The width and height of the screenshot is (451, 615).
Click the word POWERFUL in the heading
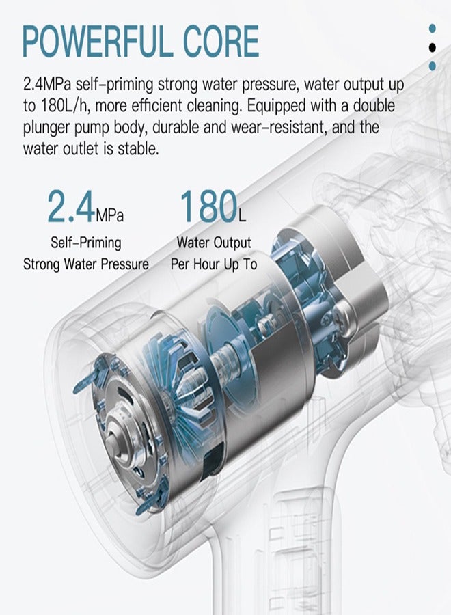point(97,41)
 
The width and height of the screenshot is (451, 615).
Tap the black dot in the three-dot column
point(432,47)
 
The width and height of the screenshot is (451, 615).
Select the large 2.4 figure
point(71,206)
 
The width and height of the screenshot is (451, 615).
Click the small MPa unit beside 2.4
point(109,215)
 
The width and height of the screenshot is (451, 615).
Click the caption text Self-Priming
point(86,243)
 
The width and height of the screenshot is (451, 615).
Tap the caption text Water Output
point(214,243)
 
